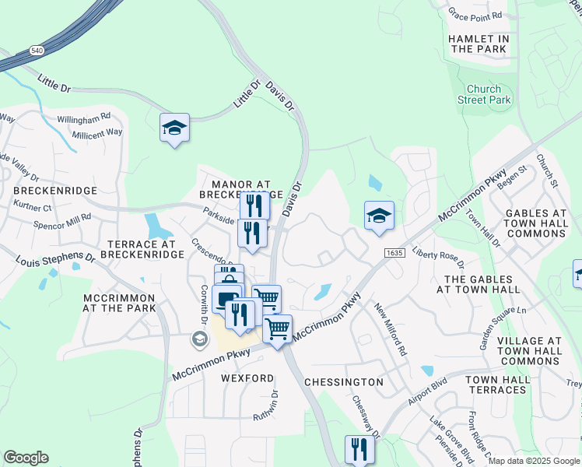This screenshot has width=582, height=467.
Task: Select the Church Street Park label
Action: coord(484,94)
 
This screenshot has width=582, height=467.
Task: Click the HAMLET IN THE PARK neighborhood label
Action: coord(479,44)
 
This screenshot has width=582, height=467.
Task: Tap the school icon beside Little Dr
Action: coord(175,128)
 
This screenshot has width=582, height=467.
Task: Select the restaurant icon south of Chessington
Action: coord(359,449)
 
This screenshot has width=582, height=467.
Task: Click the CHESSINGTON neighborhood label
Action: coord(343,382)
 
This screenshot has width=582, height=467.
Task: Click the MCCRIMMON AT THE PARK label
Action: coord(120,303)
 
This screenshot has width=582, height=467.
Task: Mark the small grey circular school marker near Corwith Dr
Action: coord(199,339)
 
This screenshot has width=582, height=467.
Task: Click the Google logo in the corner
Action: coord(26,458)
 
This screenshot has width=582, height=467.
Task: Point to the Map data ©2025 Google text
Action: coord(534,461)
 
